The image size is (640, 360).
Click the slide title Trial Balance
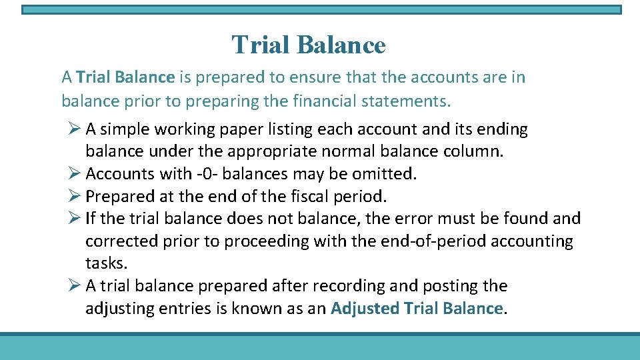click(309, 45)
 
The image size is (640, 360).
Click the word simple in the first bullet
click(126, 129)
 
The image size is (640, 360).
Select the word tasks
click(105, 263)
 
